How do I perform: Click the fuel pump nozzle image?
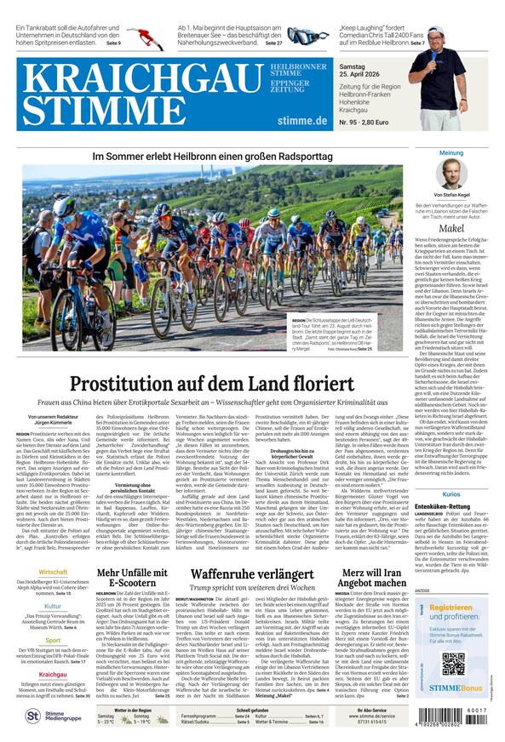(150, 37)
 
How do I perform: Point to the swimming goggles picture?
(307, 37)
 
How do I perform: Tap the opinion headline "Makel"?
(451, 228)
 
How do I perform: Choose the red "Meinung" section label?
(451, 153)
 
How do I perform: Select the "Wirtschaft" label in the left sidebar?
(53, 572)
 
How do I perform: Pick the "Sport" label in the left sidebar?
(53, 640)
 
